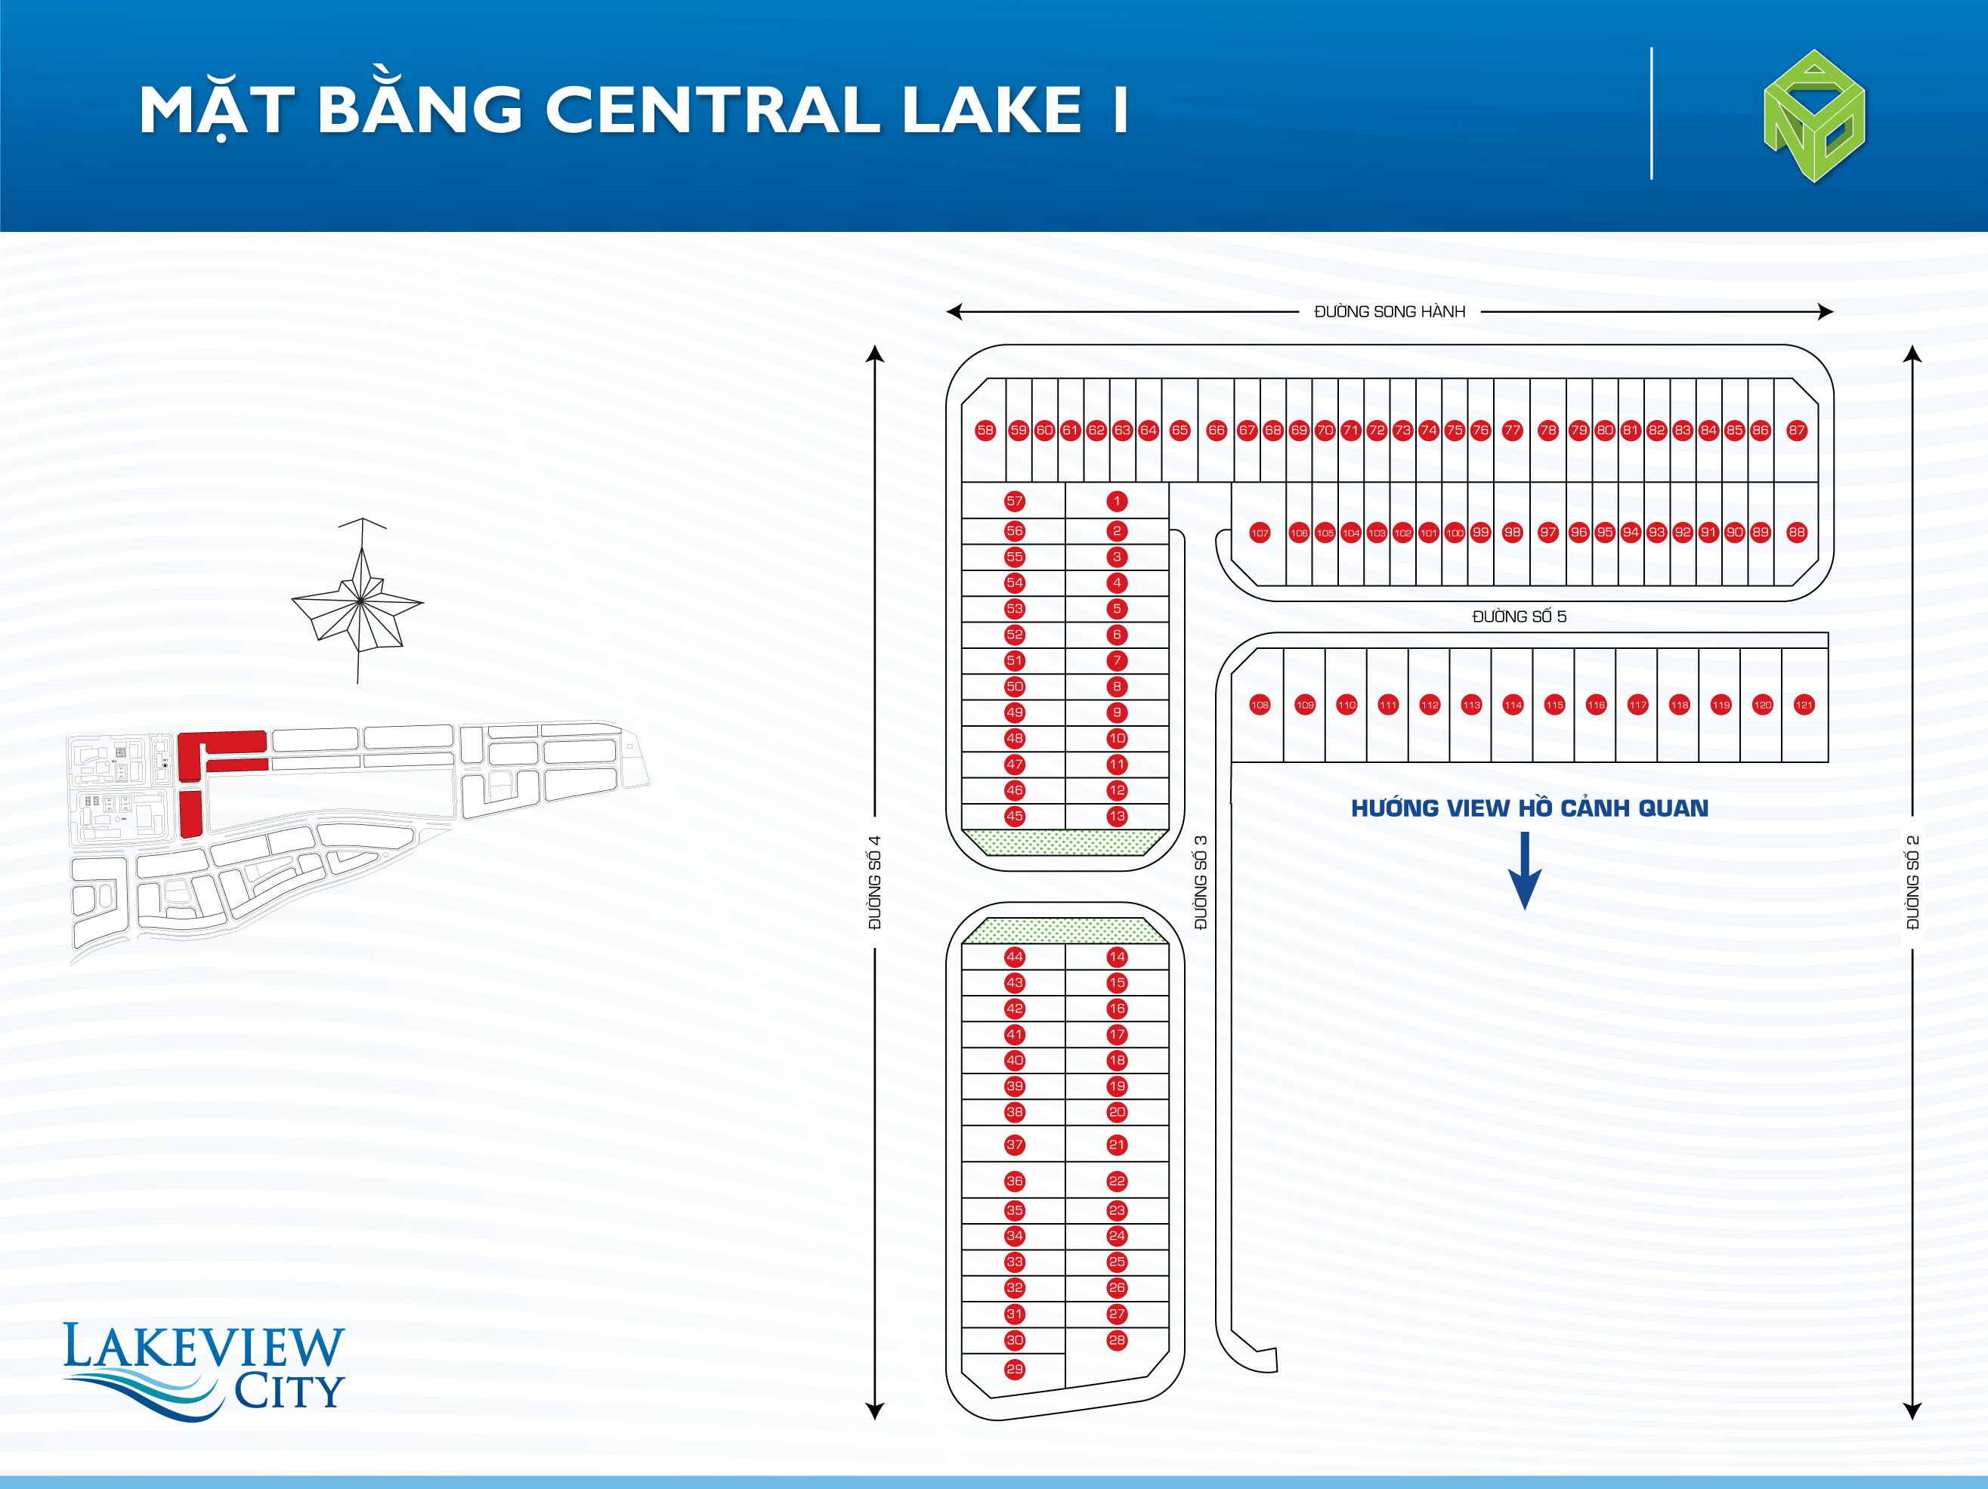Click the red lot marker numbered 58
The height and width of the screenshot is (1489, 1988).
click(985, 431)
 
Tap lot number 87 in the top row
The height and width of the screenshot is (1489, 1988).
click(1797, 431)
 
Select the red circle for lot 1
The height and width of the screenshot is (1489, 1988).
click(1117, 502)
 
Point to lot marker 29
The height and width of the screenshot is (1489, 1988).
click(1015, 1370)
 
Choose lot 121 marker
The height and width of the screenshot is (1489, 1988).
click(1804, 706)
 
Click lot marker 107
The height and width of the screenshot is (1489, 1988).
click(1260, 533)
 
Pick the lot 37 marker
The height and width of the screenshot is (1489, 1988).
click(1015, 1145)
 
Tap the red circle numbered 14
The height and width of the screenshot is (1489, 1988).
click(1117, 957)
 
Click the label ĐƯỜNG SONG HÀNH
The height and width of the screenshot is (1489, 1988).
click(1390, 312)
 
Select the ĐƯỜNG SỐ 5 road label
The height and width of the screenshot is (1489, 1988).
click(1519, 616)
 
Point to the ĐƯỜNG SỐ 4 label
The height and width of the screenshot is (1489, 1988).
click(874, 882)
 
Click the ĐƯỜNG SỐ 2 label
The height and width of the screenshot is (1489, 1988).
click(1912, 882)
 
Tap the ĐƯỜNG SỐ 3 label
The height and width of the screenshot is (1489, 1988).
click(1201, 882)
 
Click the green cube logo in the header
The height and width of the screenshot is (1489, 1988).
click(1814, 117)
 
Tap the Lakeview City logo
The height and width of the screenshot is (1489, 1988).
click(204, 1370)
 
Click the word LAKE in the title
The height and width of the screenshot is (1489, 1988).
click(992, 110)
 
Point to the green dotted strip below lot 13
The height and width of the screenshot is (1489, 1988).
click(1065, 842)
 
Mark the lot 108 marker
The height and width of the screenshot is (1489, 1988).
click(1260, 706)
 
